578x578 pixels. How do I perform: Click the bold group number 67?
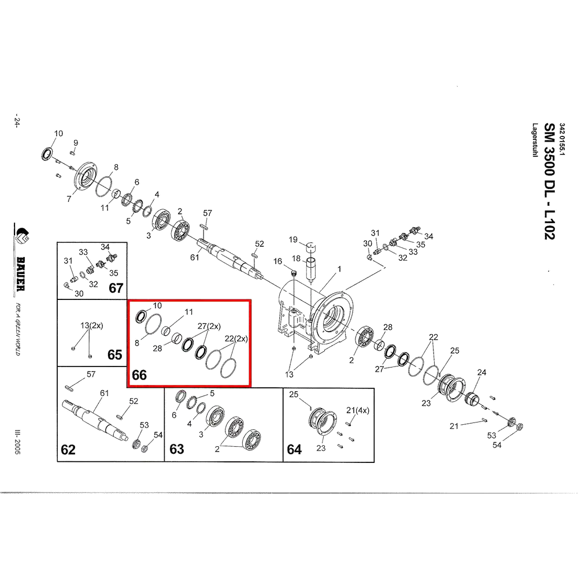(116, 288)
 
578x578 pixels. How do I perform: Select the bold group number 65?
(114, 355)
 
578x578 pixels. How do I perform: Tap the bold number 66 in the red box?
(139, 375)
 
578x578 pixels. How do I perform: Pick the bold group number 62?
(68, 450)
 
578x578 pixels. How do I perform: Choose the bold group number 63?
(176, 449)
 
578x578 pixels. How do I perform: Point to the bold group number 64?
(294, 449)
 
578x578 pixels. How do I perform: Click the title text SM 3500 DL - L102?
(550, 181)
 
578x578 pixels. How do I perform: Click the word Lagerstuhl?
(535, 140)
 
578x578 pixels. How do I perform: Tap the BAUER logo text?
(21, 274)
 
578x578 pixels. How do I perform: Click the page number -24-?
(17, 123)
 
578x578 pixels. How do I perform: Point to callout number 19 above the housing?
(293, 240)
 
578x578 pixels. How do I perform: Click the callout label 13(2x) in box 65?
(92, 325)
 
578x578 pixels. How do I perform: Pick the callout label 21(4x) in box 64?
(358, 410)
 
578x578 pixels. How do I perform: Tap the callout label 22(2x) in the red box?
(236, 338)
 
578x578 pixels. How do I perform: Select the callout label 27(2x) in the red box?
(209, 326)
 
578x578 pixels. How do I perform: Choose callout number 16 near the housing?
(277, 261)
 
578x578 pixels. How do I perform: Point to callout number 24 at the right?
(482, 372)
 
